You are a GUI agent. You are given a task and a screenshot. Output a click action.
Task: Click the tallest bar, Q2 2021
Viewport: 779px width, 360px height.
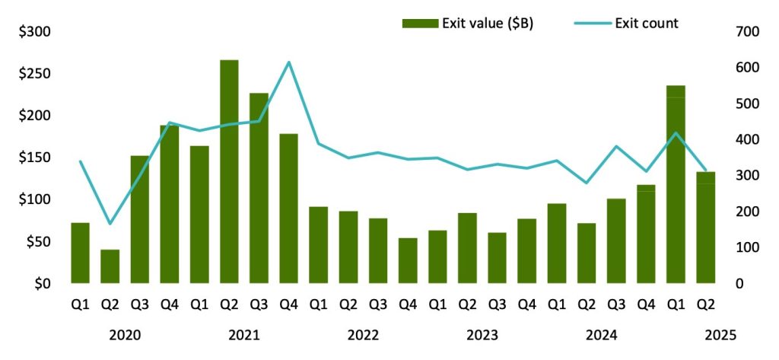click(x=229, y=171)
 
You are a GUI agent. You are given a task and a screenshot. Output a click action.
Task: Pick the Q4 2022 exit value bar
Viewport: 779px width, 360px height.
click(x=408, y=260)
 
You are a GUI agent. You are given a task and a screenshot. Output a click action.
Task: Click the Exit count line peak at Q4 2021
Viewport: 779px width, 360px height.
click(x=289, y=62)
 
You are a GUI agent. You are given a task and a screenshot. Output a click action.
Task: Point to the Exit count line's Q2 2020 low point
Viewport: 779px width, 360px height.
click(x=110, y=224)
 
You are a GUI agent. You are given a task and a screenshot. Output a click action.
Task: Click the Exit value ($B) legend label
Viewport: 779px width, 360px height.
click(x=488, y=24)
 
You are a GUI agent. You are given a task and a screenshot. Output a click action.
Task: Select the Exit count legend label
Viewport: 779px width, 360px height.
click(x=645, y=24)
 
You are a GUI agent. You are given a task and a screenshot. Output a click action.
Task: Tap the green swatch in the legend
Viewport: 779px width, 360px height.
click(x=420, y=24)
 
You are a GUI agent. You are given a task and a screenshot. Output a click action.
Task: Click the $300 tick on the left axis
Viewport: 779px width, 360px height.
click(x=34, y=32)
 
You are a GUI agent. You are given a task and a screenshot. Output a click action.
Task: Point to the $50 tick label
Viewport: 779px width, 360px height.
click(x=37, y=242)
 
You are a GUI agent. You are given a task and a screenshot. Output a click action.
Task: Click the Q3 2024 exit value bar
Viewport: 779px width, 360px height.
click(x=617, y=241)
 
